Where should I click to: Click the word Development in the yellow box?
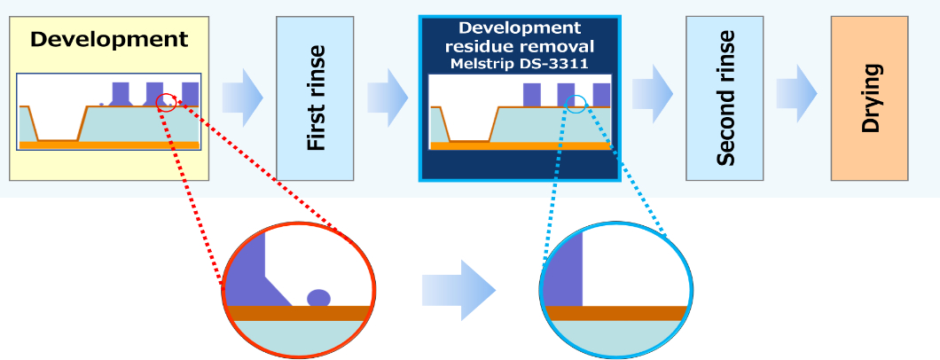109,39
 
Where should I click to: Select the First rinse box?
315,98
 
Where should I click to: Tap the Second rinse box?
725,98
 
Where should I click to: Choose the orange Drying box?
870,98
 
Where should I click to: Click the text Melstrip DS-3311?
519,64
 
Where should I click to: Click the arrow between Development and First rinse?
242,91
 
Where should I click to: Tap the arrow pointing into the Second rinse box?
652,91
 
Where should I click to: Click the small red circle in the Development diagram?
165,103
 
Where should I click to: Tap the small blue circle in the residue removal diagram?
576,104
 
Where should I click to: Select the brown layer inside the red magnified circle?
298,313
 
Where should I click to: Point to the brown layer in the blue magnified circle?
615,313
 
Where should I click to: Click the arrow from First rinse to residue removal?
388,91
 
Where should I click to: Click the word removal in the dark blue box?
558,46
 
